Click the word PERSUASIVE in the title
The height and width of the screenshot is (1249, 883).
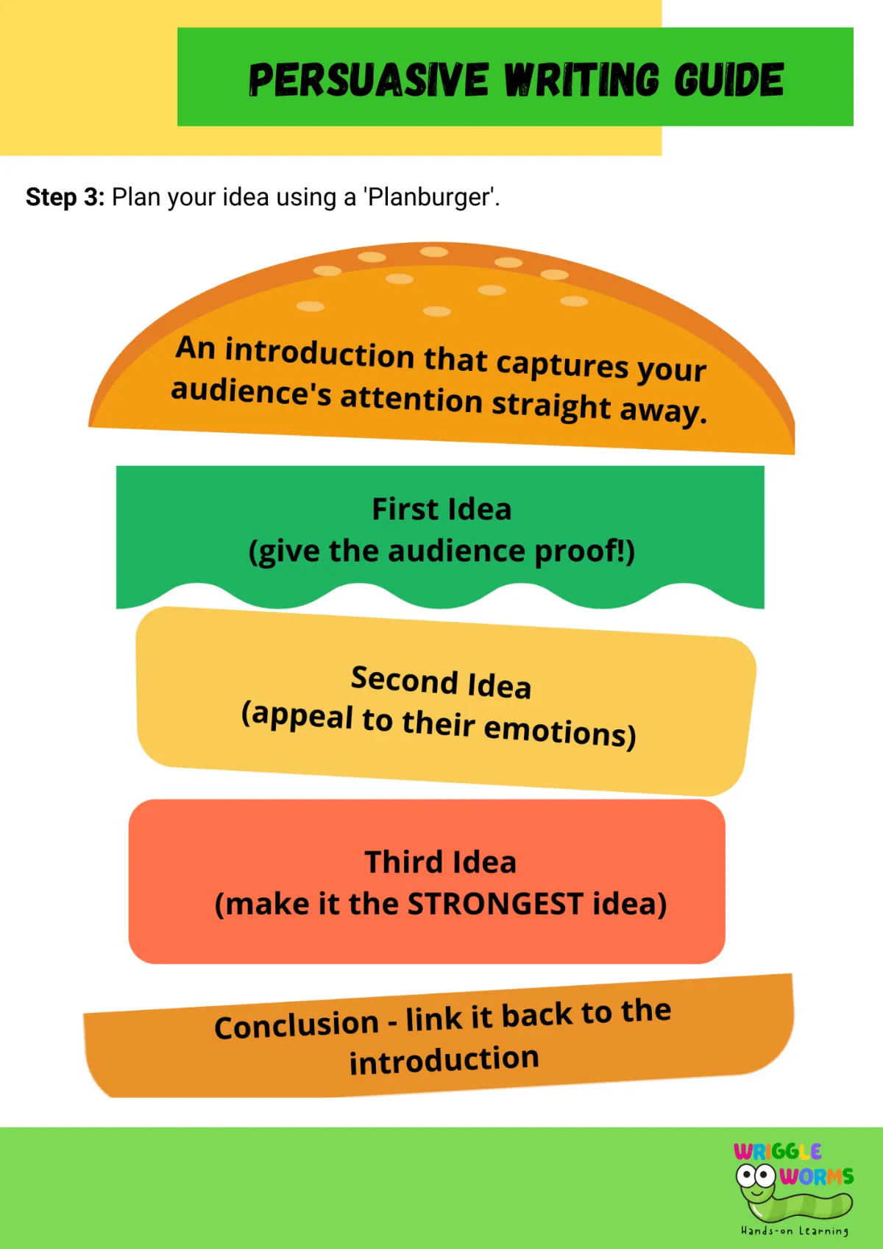368,79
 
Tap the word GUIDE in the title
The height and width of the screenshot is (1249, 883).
728,79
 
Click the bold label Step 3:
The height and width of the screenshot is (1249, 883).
65,197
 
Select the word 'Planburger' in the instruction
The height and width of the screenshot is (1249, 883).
430,197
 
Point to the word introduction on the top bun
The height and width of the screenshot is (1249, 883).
319,353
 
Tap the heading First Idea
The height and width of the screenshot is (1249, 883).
441,509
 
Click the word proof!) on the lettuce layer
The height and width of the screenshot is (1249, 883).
584,551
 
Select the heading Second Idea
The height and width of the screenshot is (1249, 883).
441,682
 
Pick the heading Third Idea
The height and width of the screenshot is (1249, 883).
441,862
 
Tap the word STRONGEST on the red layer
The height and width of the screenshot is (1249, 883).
495,904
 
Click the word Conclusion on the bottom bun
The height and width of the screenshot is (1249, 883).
297,1025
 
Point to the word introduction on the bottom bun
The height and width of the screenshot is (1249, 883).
444,1060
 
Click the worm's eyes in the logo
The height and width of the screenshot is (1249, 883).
756,1175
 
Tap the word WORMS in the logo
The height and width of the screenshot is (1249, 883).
816,1176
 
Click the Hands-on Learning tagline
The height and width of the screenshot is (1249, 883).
795,1231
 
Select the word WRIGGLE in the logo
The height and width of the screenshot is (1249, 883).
777,1151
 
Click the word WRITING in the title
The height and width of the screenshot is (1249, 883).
581,79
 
